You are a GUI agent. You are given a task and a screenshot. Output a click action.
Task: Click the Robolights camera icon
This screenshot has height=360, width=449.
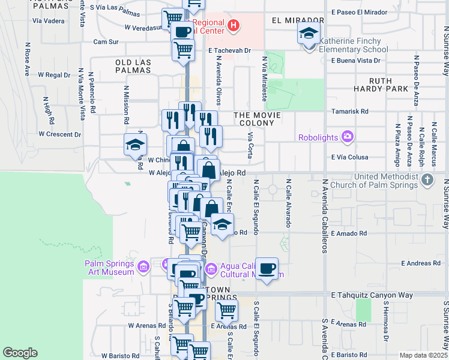(x=347, y=137)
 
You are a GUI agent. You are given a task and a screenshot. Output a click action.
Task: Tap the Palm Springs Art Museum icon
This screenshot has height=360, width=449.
(x=143, y=266)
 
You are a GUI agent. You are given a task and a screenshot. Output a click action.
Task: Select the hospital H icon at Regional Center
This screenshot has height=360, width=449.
(x=234, y=27)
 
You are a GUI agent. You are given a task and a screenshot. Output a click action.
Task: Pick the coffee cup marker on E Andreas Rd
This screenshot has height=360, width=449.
(x=267, y=268)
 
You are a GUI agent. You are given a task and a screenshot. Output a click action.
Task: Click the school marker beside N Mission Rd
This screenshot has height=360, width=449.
(x=135, y=145)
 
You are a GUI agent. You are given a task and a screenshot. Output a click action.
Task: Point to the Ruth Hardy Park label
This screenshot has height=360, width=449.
(x=388, y=85)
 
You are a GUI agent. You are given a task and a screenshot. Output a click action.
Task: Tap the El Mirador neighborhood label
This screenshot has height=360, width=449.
(x=294, y=20)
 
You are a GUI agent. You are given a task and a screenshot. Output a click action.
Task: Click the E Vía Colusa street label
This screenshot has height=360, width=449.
(x=349, y=157)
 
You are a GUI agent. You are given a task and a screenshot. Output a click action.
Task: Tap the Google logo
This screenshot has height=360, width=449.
(x=20, y=352)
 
